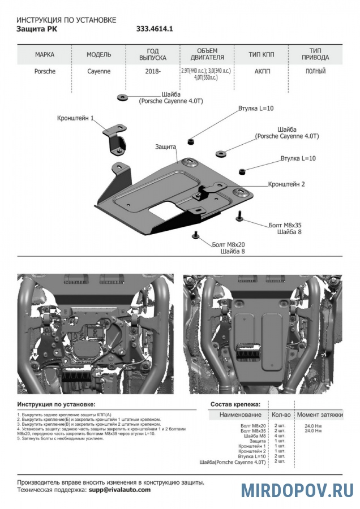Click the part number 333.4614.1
click(154, 28)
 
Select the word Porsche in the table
click(44, 72)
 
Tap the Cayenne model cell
click(99, 72)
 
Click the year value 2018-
click(153, 72)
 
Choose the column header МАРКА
click(45, 55)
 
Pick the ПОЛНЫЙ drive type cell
click(315, 72)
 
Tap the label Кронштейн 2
click(286, 184)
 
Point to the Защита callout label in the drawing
click(165, 146)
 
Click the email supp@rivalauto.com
click(119, 490)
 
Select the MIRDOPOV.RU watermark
click(297, 490)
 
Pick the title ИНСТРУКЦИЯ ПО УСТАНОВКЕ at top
click(66, 20)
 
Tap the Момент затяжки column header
click(320, 415)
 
